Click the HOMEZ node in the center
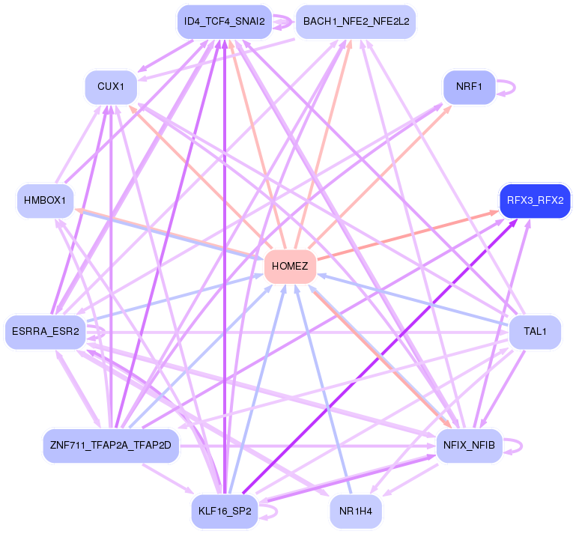[x=290, y=267]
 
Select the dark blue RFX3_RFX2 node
[x=535, y=201]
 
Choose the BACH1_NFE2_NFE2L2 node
[x=355, y=22]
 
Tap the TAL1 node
[x=535, y=332]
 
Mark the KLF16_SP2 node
[x=224, y=512]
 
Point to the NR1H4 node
[x=356, y=512]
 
